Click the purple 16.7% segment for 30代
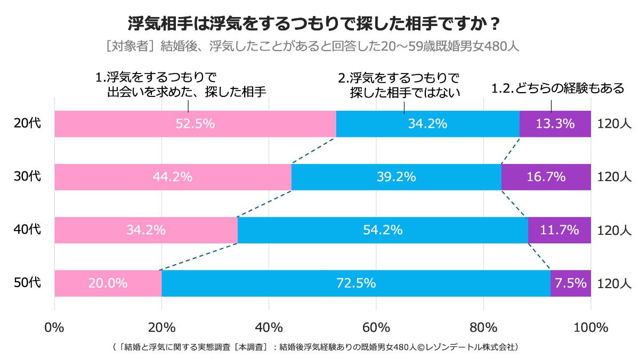[546, 177]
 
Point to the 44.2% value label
[172, 177]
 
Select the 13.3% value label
[555, 124]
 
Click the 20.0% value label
[108, 283]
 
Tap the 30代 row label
[27, 177]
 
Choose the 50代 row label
[27, 283]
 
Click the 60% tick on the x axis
[376, 326]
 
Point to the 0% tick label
[54, 326]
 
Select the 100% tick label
[591, 326]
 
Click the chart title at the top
[314, 23]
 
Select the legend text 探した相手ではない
[405, 93]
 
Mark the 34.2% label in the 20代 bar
[427, 124]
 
